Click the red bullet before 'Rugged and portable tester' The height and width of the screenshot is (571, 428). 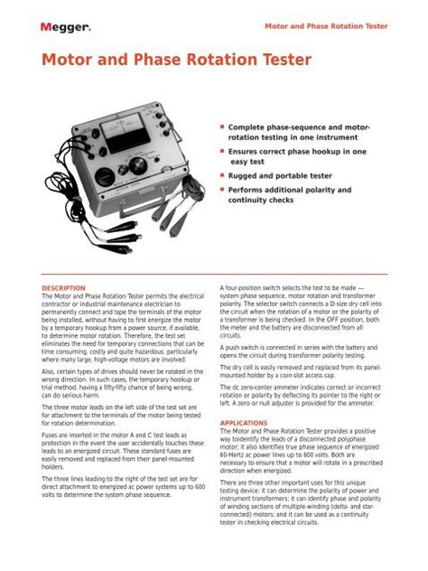point(221,178)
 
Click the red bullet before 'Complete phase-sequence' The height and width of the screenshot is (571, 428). point(221,128)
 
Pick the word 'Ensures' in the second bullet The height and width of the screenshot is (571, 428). point(246,153)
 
